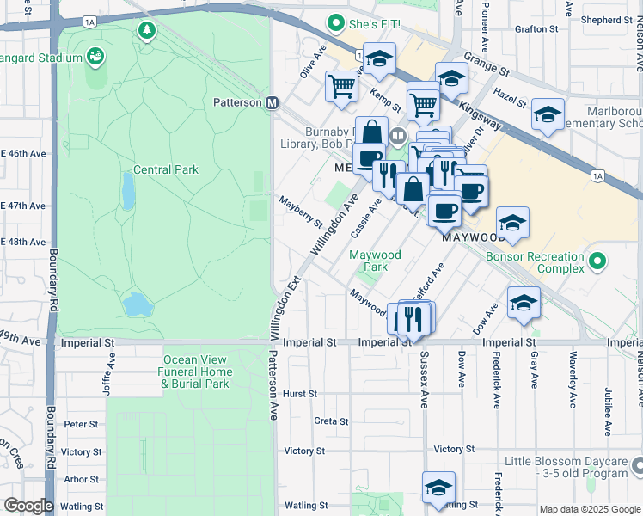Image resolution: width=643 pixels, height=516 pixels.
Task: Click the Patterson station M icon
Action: tap(273, 102)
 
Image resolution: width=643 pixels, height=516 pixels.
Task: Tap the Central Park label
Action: tap(166, 169)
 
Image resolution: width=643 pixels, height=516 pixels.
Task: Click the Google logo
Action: tap(28, 506)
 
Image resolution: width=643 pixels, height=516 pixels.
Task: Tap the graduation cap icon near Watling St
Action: tap(438, 486)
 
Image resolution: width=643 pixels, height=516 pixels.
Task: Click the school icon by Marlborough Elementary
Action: tap(548, 114)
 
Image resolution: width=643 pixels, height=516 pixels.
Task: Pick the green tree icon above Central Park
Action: tap(147, 31)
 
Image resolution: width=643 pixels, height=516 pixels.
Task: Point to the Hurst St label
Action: tap(301, 393)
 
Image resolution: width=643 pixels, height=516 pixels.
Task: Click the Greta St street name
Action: tap(331, 421)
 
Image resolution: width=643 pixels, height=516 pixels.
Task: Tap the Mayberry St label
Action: tap(299, 212)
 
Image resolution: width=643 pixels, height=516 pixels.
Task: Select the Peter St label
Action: tap(81, 424)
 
